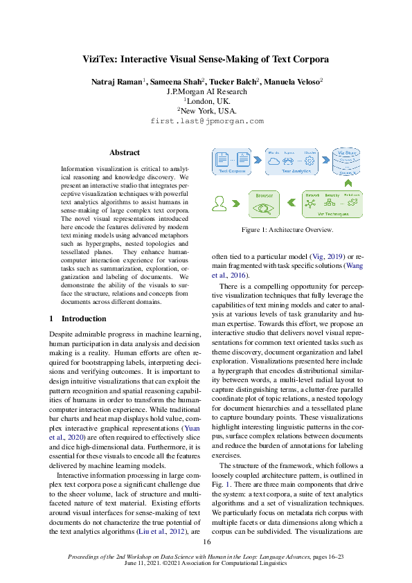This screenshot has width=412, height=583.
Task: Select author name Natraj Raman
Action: (116, 82)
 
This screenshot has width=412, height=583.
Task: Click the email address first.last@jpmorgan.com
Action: (206, 120)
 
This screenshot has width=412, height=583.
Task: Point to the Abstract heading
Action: (125, 152)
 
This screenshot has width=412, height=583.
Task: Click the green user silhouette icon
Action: (220, 204)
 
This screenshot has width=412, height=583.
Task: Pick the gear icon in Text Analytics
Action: (310, 161)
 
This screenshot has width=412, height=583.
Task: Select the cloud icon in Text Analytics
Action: (273, 161)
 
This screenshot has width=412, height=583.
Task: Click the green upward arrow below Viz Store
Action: (348, 183)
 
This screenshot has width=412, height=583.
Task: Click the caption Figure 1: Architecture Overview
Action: (287, 230)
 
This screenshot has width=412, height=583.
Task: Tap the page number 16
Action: (206, 542)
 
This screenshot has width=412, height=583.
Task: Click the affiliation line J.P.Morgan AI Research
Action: (206, 91)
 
